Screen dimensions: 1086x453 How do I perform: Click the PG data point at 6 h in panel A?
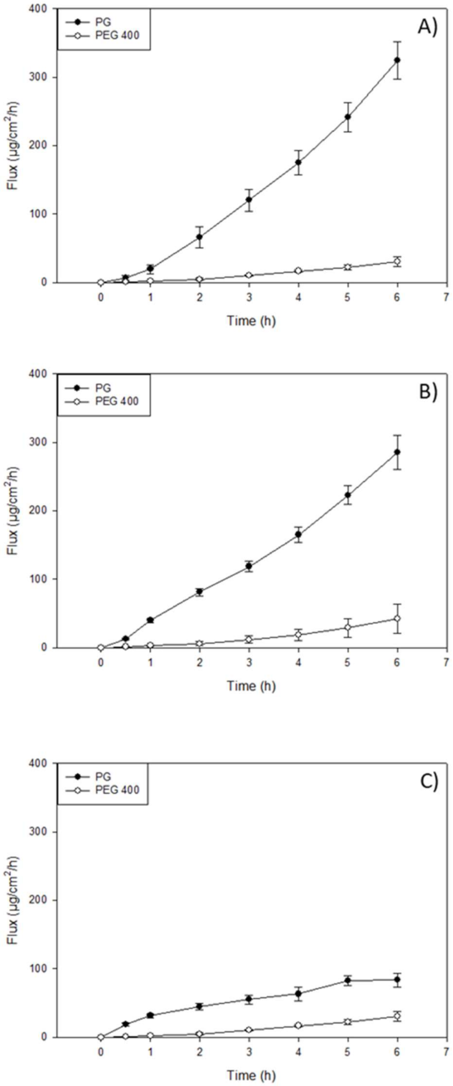click(x=397, y=60)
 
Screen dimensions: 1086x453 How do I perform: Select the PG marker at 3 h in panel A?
click(x=249, y=199)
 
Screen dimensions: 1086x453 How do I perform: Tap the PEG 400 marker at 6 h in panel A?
click(x=397, y=262)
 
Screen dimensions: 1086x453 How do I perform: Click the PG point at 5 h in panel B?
click(x=348, y=495)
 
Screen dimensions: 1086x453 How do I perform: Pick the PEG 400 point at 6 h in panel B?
click(x=397, y=619)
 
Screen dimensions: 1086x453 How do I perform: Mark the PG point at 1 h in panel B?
click(x=150, y=620)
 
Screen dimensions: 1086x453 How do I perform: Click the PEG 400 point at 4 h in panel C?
click(x=298, y=1022)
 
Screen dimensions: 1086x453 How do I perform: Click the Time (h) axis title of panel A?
click(x=251, y=321)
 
